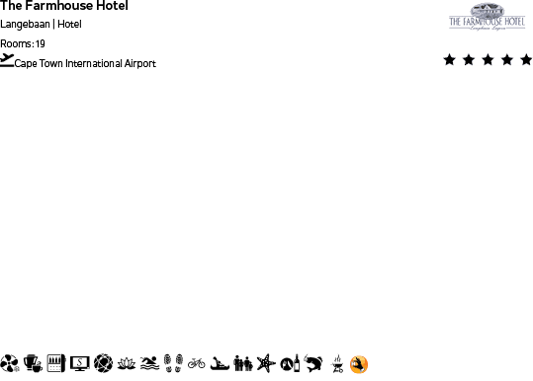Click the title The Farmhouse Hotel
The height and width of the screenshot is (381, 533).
(x=64, y=7)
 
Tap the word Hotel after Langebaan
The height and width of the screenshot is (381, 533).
(x=69, y=24)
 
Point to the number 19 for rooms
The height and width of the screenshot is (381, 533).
(x=41, y=43)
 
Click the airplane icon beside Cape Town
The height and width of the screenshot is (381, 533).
(x=8, y=60)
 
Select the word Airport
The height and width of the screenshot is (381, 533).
(x=140, y=63)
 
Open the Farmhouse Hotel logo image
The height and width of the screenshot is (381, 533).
(x=488, y=18)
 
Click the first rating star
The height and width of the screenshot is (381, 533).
(x=450, y=60)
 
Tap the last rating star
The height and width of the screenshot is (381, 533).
(x=525, y=60)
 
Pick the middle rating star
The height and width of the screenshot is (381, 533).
(x=488, y=60)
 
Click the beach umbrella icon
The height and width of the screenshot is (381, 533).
(x=10, y=364)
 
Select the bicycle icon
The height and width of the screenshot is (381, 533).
(x=196, y=364)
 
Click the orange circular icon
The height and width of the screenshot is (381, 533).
(x=359, y=364)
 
